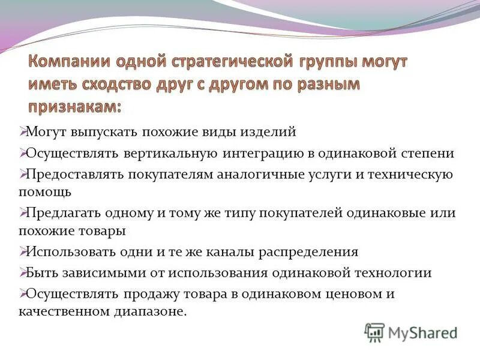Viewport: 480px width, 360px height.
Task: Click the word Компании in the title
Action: point(68,62)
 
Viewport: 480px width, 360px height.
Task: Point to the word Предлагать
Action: point(65,213)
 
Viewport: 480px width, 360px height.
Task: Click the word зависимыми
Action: point(96,272)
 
